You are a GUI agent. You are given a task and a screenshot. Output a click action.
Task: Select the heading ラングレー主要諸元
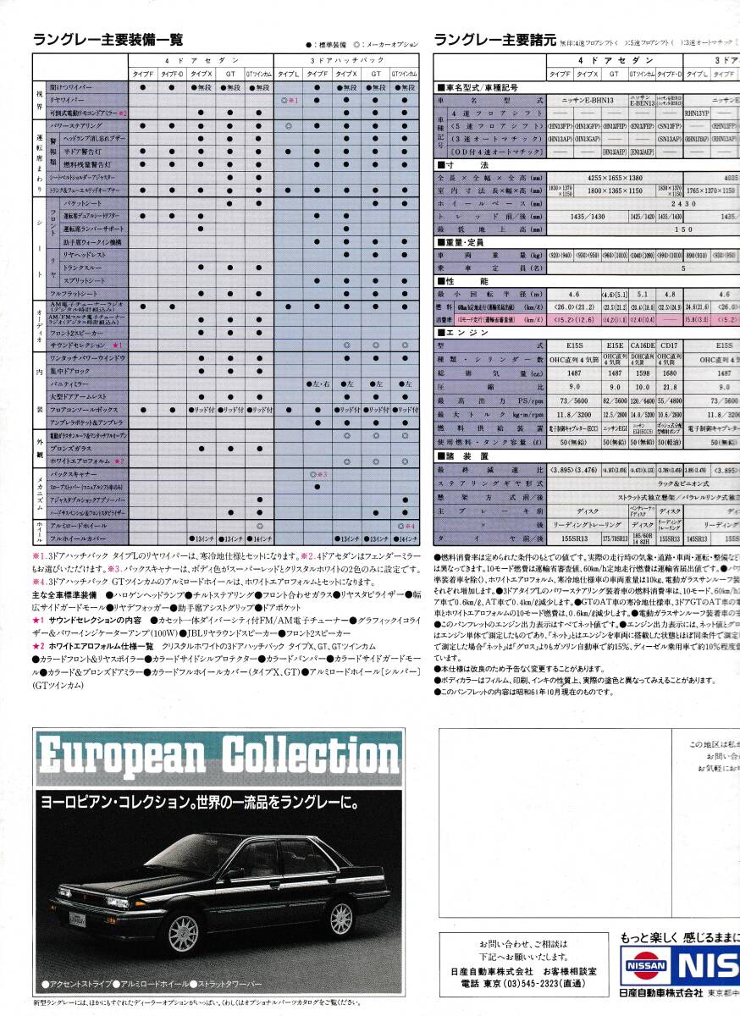(494, 39)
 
